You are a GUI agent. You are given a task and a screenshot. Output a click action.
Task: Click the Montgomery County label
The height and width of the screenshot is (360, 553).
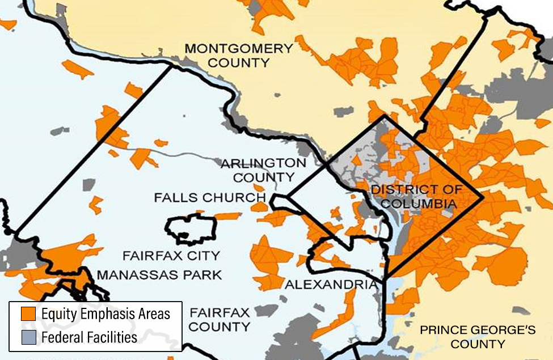coord(238,56)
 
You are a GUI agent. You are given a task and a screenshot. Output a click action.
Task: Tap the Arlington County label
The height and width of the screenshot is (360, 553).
coord(263,170)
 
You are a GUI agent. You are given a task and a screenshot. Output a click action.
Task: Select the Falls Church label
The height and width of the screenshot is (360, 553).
coord(210,198)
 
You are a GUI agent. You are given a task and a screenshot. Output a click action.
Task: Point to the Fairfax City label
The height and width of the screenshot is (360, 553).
coord(171,256)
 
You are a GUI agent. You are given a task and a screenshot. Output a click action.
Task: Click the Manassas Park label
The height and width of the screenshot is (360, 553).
coord(159,276)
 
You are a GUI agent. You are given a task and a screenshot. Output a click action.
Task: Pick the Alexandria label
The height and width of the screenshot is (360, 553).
coord(331,285)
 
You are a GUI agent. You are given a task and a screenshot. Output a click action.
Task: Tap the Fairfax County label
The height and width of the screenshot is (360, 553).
coord(219,319)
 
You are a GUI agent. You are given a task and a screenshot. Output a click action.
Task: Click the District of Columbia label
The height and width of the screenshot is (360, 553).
coord(416,196)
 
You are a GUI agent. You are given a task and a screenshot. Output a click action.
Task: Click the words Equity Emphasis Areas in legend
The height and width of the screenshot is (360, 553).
coord(105,314)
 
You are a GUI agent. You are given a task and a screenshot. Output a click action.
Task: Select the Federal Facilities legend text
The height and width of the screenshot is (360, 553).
coord(89,337)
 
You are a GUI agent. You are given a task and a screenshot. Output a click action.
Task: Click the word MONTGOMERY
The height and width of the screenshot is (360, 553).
coord(238,49)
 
